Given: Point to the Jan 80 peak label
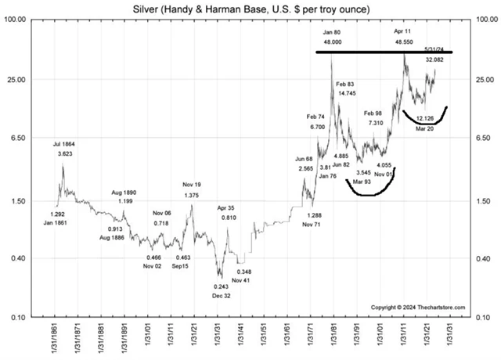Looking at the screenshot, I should pyautogui.click(x=331, y=32).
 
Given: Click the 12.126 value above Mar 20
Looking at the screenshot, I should pyautogui.click(x=426, y=119).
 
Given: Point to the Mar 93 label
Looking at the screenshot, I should pyautogui.click(x=362, y=182).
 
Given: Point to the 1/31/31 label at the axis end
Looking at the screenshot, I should pyautogui.click(x=452, y=338).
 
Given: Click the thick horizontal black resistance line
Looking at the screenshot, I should pyautogui.click(x=384, y=52).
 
